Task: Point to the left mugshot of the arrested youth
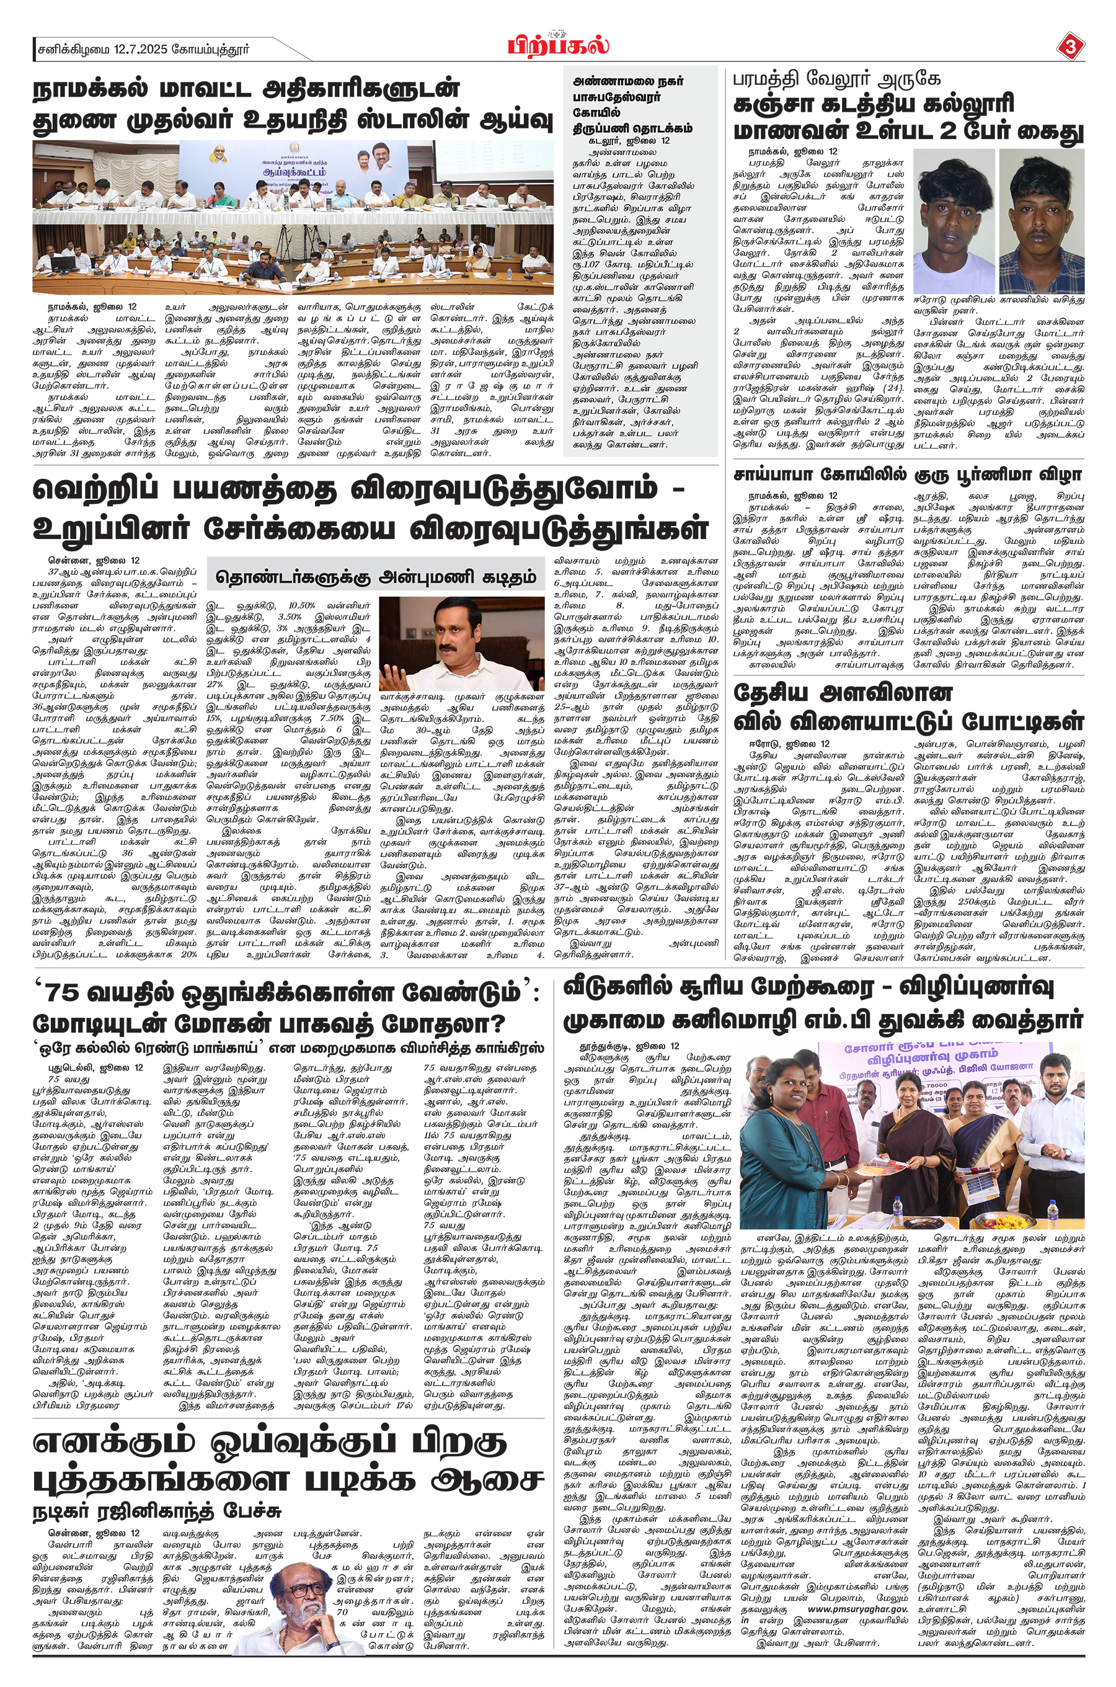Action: click(954, 221)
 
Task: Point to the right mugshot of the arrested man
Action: click(1041, 221)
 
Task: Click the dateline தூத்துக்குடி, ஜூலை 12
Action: click(631, 1046)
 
